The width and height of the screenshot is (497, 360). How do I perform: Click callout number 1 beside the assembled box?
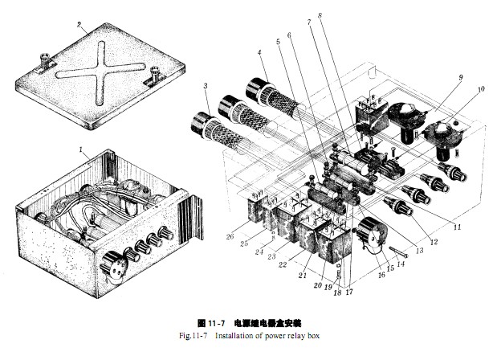point(80,149)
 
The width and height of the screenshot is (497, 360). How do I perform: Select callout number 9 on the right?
point(460,78)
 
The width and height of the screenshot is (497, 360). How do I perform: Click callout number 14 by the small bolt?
point(401,262)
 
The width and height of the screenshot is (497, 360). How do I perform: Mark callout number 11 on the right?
point(458,227)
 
